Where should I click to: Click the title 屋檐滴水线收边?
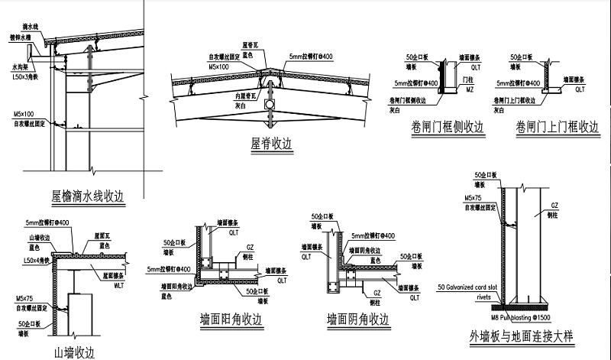click(87, 196)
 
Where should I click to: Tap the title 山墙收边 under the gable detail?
click(73, 352)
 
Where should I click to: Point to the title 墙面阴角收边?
click(357, 319)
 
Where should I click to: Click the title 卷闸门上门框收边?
click(557, 128)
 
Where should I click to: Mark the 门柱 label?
click(470, 79)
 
